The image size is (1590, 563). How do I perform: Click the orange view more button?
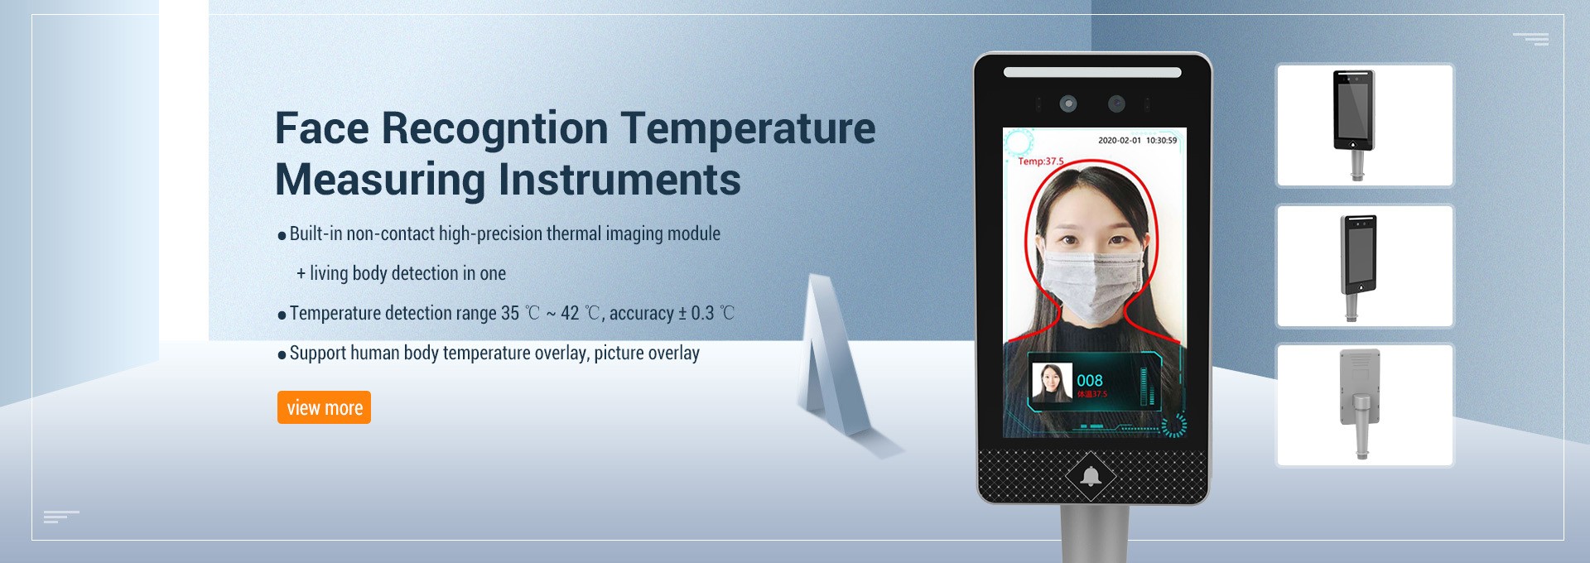point(324,407)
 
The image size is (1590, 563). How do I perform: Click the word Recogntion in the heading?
point(494,128)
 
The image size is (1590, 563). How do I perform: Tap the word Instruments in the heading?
point(619,180)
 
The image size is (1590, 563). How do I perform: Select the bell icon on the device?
point(1091,476)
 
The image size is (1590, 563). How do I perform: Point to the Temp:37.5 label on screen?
point(1041,161)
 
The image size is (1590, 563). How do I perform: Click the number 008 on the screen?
point(1090,380)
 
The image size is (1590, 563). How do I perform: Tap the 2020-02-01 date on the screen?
point(1120,140)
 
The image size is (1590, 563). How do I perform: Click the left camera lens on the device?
point(1068,103)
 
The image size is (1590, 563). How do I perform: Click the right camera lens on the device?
point(1117,103)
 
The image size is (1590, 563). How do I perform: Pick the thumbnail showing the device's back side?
point(1365,406)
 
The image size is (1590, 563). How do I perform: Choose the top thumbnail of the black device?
point(1365,125)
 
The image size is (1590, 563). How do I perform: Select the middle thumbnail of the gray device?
point(1365,266)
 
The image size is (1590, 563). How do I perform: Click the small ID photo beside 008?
point(1052,383)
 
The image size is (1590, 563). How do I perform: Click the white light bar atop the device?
point(1092,72)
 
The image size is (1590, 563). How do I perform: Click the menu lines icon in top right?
point(1531,39)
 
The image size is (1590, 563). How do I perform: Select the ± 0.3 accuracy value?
point(696,313)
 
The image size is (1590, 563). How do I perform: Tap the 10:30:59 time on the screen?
point(1161,140)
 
